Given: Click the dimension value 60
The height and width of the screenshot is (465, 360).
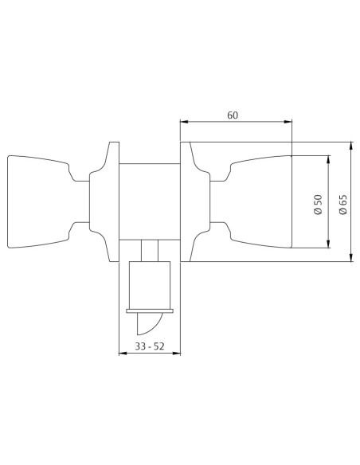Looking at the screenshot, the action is [233, 115].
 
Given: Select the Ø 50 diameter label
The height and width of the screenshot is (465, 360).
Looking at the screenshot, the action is [318, 205].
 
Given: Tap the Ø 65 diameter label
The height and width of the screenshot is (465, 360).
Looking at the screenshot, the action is [342, 205].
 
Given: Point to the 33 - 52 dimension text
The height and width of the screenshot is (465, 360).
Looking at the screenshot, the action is [150, 346].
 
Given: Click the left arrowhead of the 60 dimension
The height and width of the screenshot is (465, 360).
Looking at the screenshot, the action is [185, 122].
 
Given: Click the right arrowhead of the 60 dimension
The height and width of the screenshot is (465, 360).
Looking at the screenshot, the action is [288, 122].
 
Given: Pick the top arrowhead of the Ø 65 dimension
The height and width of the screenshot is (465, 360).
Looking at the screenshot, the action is [351, 147].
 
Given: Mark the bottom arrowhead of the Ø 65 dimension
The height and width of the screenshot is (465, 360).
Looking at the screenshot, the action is [351, 257].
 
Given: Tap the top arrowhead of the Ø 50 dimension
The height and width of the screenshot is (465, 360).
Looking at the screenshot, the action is [328, 159].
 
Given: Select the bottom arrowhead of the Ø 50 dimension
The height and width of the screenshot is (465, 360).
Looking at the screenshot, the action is [328, 244].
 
